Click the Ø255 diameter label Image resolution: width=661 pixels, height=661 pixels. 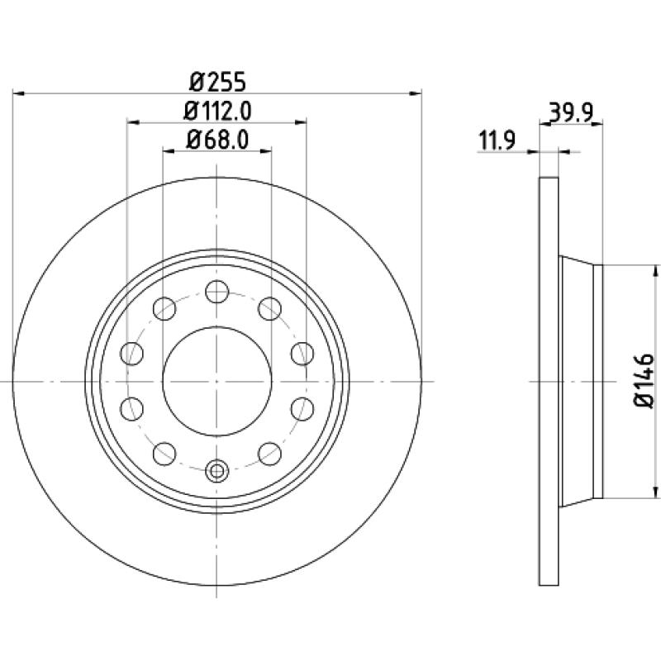click(217, 82)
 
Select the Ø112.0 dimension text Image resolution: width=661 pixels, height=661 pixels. click(217, 112)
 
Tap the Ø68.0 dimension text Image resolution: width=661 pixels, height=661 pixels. click(217, 140)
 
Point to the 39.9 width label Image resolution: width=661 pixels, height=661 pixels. click(572, 112)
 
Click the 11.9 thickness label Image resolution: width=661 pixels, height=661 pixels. click(497, 140)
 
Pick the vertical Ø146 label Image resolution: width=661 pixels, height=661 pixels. click(644, 381)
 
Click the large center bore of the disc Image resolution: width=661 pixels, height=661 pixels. click(217, 381)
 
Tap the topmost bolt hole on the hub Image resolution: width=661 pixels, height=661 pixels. click(217, 292)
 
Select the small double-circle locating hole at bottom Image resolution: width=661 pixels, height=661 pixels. click(216, 470)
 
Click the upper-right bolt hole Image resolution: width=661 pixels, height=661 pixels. click(270, 308)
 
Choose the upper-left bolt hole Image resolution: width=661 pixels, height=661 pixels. click(164, 308)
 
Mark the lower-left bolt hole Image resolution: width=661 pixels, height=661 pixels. click(164, 454)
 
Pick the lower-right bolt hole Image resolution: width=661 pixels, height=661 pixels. click(270, 454)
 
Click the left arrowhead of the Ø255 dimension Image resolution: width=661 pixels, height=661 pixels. click(19, 93)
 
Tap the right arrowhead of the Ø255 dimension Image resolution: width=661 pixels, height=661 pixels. click(416, 93)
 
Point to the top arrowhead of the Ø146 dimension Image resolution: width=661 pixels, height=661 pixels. click(655, 271)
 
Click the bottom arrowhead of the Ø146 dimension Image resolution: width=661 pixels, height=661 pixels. click(655, 492)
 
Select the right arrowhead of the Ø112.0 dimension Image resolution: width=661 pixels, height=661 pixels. click(301, 122)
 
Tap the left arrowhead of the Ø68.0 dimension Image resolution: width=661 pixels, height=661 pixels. click(169, 150)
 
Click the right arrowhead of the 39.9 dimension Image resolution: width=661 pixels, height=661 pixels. click(597, 123)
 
